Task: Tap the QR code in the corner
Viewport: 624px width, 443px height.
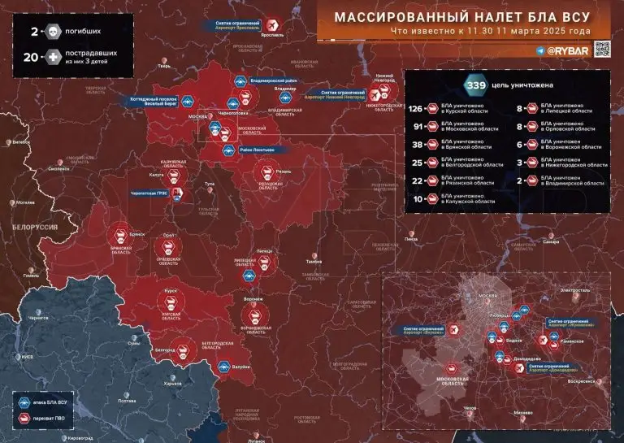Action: [x=601, y=49]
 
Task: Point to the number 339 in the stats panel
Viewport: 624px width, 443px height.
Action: [x=474, y=85]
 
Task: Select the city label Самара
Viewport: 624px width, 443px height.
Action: [x=551, y=241]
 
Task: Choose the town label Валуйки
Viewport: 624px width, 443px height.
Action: [x=240, y=367]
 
